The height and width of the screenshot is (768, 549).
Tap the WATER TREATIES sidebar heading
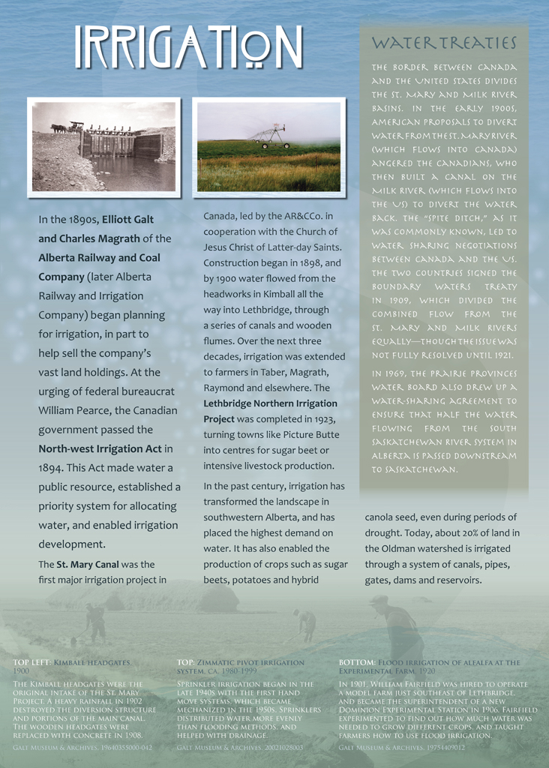444,43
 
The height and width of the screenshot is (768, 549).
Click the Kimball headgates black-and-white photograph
103,147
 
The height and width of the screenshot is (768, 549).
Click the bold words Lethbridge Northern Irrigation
269,403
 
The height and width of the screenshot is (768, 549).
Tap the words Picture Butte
312,434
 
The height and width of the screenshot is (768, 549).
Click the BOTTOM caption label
357,663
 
